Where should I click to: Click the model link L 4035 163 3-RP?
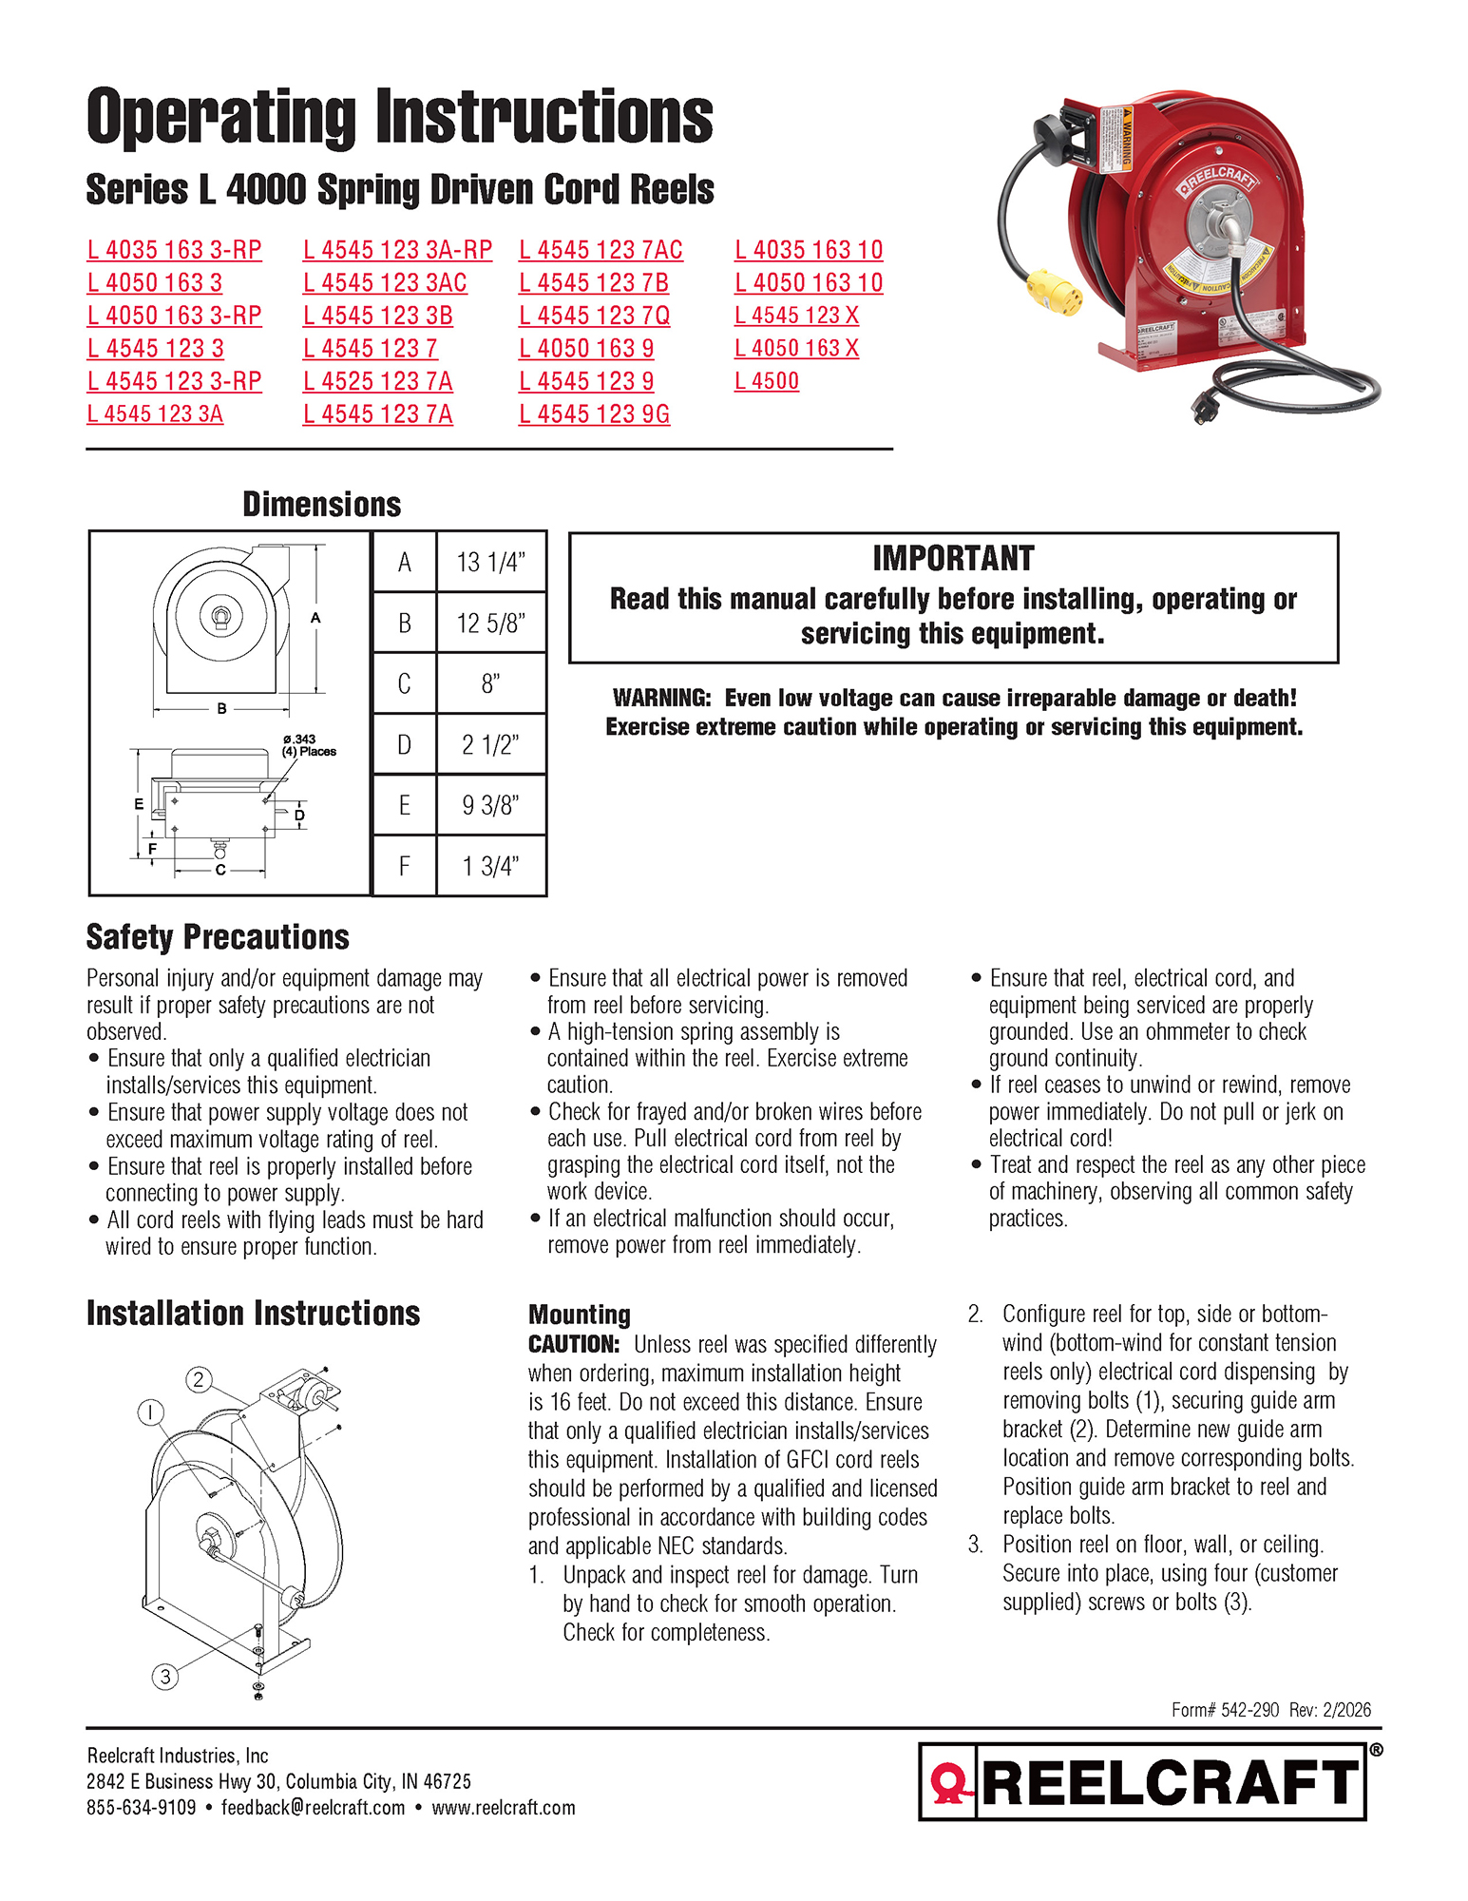pyautogui.click(x=174, y=250)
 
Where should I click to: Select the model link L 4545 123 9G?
pyautogui.click(x=594, y=414)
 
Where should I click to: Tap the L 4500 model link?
pyautogui.click(x=766, y=381)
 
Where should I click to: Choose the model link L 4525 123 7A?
pyautogui.click(x=377, y=381)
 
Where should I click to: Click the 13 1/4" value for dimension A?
pyautogui.click(x=490, y=562)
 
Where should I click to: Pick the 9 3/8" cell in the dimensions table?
pyautogui.click(x=490, y=805)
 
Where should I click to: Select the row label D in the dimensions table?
pyautogui.click(x=404, y=744)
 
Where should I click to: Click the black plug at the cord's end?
pyautogui.click(x=1209, y=408)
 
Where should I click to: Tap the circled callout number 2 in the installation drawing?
pyautogui.click(x=198, y=1379)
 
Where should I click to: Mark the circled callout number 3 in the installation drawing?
pyautogui.click(x=165, y=1676)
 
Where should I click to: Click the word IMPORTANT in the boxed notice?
pyautogui.click(x=953, y=558)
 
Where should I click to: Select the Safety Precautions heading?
pyautogui.click(x=218, y=937)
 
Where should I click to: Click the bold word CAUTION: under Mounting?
pyautogui.click(x=574, y=1344)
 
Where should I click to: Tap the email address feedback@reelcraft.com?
pyautogui.click(x=313, y=1807)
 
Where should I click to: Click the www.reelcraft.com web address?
pyautogui.click(x=504, y=1807)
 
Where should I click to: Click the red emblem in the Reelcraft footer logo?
pyautogui.click(x=948, y=1783)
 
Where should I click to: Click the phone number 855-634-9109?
pyautogui.click(x=141, y=1807)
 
